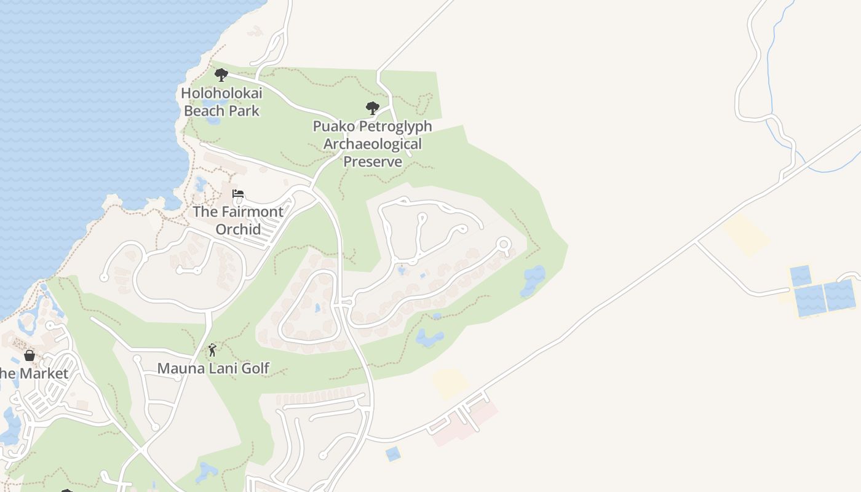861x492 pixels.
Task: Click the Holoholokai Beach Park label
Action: (x=221, y=102)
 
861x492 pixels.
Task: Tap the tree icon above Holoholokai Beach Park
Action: (x=221, y=75)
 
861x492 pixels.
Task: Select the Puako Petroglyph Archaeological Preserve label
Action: (x=373, y=144)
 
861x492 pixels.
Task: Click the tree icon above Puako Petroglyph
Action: (x=372, y=108)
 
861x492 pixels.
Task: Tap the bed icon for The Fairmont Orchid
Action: (x=238, y=194)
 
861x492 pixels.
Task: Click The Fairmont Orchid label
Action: (x=238, y=220)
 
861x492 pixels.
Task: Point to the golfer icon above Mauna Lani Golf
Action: (x=212, y=351)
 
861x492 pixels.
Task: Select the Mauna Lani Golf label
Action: (x=213, y=368)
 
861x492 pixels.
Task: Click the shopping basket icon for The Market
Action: (x=29, y=355)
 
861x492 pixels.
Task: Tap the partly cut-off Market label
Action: (x=34, y=373)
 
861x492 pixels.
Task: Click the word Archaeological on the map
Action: (x=373, y=144)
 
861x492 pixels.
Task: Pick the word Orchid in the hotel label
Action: (x=238, y=229)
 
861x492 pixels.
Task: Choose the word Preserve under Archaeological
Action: (x=373, y=162)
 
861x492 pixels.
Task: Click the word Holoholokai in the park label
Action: (x=221, y=93)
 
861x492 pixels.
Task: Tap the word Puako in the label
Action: (x=332, y=126)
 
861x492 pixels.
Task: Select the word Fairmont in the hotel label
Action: (x=250, y=212)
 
